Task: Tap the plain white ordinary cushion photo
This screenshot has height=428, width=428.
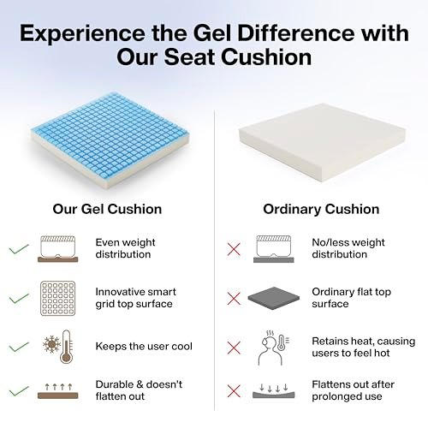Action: coord(322,142)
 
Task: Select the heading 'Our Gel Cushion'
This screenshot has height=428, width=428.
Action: coord(107,209)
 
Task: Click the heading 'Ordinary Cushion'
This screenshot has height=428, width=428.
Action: coord(321,209)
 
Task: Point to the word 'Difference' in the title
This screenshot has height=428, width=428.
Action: coord(294,33)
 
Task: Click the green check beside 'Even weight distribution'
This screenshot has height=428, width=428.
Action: coord(19,249)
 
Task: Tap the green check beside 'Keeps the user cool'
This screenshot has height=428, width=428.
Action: coord(19,347)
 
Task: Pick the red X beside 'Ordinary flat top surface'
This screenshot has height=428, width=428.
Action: coord(234,299)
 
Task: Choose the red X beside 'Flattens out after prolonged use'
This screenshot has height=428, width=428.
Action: coord(234,391)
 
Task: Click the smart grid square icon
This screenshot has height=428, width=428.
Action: coord(58,299)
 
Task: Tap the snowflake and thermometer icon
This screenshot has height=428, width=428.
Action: coord(58,347)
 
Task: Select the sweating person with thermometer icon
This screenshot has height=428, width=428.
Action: coord(274,348)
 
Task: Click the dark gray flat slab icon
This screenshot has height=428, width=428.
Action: coord(274,299)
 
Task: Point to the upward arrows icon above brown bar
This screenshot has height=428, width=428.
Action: coord(58,391)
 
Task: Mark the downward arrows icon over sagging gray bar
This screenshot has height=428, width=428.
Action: coord(274,391)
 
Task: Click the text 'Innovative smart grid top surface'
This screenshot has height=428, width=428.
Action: coord(136,298)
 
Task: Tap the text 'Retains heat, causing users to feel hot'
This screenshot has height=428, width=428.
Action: coord(364,347)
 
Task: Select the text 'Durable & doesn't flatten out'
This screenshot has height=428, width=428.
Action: coord(139,390)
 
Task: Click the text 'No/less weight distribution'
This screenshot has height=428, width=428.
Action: coord(348,248)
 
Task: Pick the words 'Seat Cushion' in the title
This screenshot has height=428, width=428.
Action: coord(237,57)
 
